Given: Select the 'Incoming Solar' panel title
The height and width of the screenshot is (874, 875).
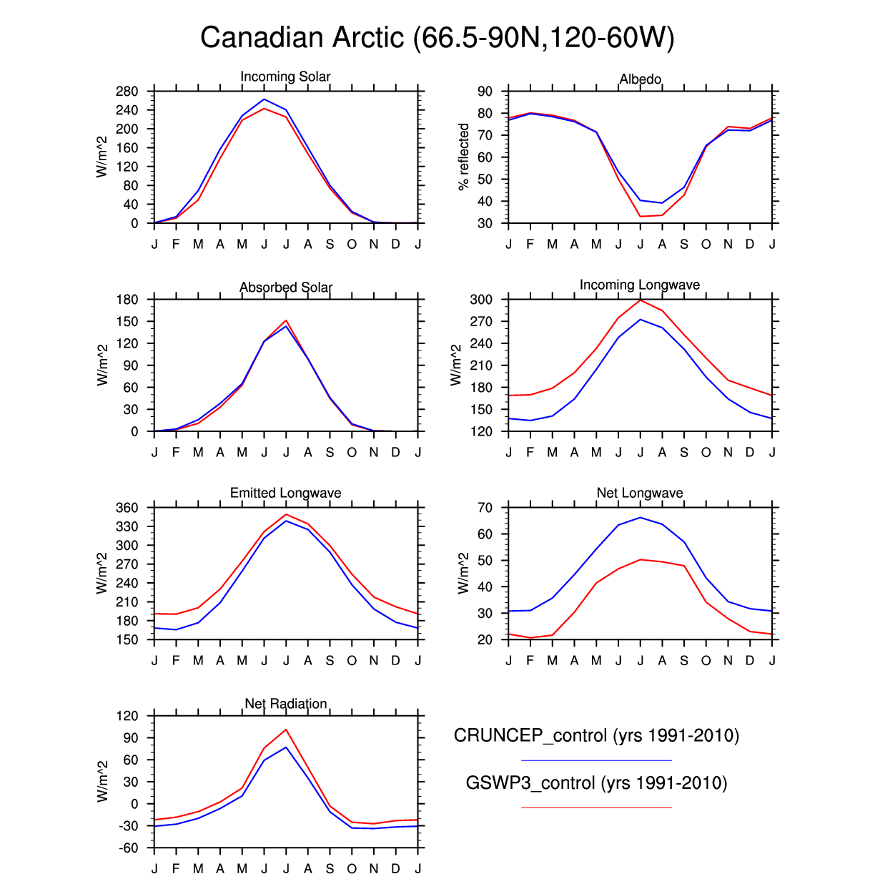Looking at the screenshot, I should [x=285, y=77].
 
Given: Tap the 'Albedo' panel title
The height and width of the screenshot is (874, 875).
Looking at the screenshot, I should [x=640, y=79].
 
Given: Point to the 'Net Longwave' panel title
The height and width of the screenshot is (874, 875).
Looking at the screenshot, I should [x=640, y=493].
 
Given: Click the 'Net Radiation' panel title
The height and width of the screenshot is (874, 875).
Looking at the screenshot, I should [x=286, y=704].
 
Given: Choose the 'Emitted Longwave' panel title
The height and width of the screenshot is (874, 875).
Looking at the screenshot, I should [x=285, y=493].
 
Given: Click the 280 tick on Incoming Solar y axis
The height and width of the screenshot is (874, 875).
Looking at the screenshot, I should [x=127, y=92].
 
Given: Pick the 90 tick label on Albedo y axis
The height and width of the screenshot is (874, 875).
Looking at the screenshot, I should [x=485, y=92].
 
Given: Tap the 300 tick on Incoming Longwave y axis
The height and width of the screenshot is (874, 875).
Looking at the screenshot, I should [x=481, y=300].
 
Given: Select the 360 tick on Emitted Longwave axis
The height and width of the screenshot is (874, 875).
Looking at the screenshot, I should [x=127, y=508].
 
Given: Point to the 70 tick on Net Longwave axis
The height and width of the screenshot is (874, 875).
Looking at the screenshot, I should [x=485, y=508].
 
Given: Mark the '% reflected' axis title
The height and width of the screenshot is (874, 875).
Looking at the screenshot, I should [x=464, y=157].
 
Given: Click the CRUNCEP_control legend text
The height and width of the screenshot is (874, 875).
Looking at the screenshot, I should [x=596, y=735].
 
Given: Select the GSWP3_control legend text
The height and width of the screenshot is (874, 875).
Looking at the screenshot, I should [x=596, y=782].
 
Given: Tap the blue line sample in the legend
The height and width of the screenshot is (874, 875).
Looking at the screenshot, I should [x=596, y=760].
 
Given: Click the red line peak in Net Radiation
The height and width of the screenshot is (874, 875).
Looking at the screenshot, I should [x=286, y=730].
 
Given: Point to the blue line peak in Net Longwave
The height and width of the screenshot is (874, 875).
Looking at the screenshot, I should [x=641, y=517].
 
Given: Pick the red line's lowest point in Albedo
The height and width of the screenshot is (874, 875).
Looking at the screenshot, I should [x=641, y=216].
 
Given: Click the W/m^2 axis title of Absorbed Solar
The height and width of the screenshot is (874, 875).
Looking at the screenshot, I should [x=103, y=365].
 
